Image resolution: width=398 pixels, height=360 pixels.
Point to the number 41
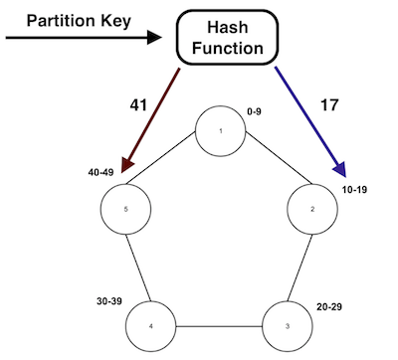[138, 103]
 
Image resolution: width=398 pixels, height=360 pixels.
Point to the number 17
[327, 103]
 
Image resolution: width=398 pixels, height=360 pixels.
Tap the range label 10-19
[354, 188]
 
